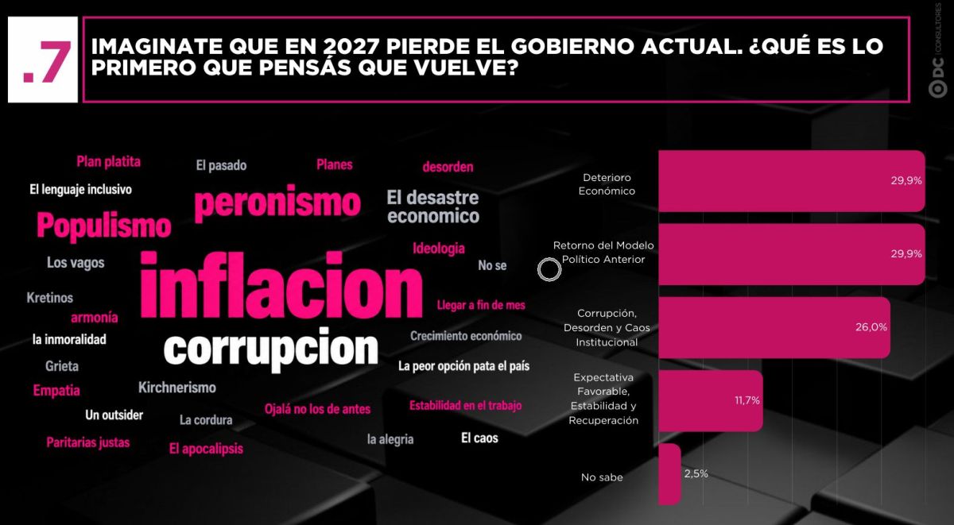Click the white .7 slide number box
pos(43,60)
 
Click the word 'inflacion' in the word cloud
pos(281,285)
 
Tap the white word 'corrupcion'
pos(271,349)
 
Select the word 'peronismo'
pos(277,203)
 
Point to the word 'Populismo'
pos(104,226)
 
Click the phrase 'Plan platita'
pos(109,162)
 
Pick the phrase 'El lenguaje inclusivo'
pos(80,190)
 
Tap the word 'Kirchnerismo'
pos(177,388)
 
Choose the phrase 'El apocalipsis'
pos(206,449)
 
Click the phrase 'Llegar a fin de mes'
pos(481,305)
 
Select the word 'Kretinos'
pos(50,298)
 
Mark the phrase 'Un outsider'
pos(114,415)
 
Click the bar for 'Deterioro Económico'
pos(792,181)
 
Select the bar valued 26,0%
pos(774,327)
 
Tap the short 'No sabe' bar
pos(669,474)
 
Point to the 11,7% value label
pos(747,400)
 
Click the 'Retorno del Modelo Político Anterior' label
pos(603,253)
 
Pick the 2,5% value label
pos(696,473)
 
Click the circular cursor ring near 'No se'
pos(549,258)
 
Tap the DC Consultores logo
pos(938,51)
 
